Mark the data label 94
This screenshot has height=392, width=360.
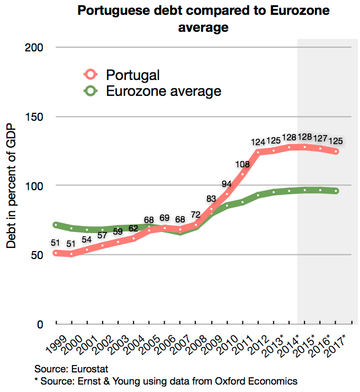point(227,184)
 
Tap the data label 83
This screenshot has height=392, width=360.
point(211,199)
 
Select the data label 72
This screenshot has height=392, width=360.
point(195,215)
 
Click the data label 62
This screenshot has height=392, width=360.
point(133,229)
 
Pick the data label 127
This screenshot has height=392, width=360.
point(320,138)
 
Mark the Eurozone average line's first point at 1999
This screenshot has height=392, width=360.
point(56,225)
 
